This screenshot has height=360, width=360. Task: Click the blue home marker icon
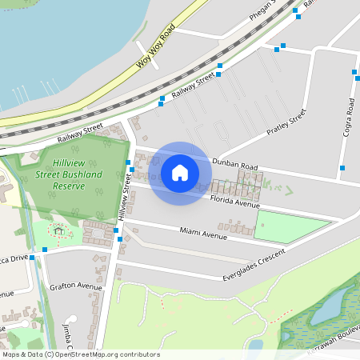180,172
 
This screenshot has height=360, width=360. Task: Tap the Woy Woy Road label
155,48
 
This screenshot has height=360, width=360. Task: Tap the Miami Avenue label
204,233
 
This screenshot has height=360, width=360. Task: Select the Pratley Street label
286,122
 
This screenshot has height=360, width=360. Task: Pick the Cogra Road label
350,117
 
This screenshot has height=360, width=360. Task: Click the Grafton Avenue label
76,286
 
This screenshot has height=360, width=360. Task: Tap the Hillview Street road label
125,198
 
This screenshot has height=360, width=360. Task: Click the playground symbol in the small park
58,231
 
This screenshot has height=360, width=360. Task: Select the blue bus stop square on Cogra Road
354,72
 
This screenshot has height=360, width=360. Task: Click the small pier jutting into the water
146,50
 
